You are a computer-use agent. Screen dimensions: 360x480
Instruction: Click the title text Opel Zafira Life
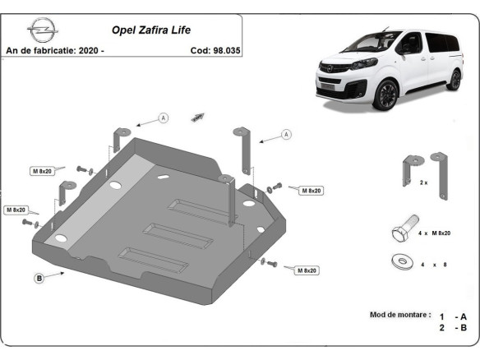tap(151, 30)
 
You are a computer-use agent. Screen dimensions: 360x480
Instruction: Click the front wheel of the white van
tap(385, 94)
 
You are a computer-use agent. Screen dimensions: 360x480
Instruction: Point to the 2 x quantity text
tap(423, 183)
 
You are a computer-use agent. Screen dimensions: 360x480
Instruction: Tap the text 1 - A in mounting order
tap(453, 316)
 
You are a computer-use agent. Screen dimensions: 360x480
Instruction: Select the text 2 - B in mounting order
tap(453, 328)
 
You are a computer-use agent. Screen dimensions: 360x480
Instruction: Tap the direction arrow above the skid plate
tap(197, 118)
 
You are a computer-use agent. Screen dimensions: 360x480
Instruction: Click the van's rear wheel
tap(454, 79)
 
